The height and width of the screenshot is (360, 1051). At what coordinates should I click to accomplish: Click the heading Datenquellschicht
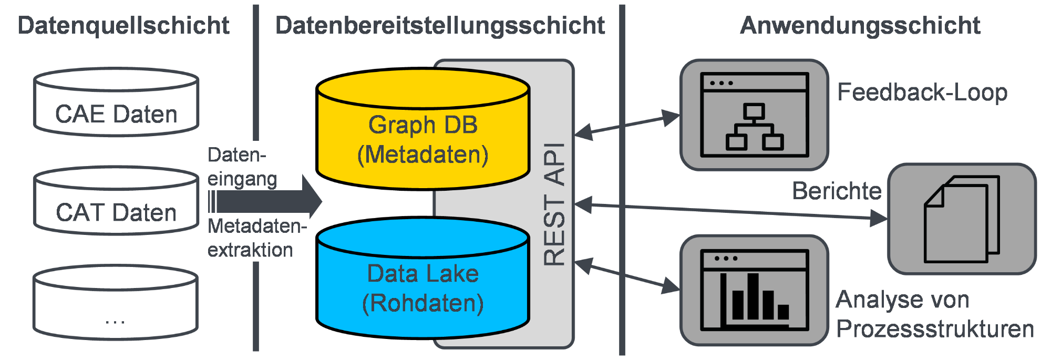pos(123,26)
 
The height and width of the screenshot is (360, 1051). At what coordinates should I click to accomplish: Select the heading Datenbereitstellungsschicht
pos(440,26)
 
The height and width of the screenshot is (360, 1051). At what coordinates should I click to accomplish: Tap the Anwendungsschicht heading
pos(860,25)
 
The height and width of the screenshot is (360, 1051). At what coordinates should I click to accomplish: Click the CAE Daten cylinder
pos(116,101)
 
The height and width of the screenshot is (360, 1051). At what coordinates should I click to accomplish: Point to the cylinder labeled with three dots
pos(116,302)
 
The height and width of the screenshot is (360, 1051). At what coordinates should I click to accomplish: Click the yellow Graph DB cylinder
pos(423,129)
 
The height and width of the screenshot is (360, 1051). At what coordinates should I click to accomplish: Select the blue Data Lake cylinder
pos(423,277)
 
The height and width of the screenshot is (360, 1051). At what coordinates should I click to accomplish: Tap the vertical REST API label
pos(554,204)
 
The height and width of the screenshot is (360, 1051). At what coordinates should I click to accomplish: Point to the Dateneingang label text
pos(242,167)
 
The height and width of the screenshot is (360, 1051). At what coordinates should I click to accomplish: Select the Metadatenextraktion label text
pos(257,238)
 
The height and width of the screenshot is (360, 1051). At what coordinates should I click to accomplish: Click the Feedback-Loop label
pos(922,92)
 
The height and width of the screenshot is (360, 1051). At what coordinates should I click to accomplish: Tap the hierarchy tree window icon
pos(754,115)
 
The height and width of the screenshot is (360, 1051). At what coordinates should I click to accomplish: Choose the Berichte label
pos(837,191)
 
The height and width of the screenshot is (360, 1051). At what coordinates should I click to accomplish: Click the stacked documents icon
pos(962,219)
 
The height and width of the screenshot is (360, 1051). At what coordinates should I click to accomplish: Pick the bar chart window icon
pos(754,290)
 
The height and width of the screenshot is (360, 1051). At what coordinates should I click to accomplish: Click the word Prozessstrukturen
pos(935,329)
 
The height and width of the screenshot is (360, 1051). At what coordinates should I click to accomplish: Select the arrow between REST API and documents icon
pos(731,211)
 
